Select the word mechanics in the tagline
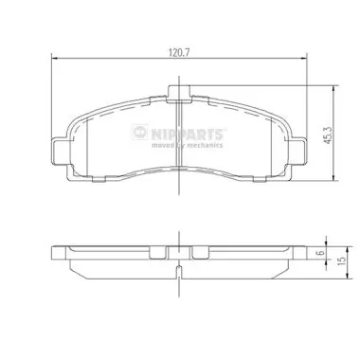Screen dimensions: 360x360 click(x=203, y=145)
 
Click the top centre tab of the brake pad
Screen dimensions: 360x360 click(x=176, y=93)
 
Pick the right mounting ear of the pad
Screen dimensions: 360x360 click(x=299, y=149)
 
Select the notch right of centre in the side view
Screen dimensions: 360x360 click(x=199, y=253)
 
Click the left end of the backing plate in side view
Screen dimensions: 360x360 click(x=53, y=254)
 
